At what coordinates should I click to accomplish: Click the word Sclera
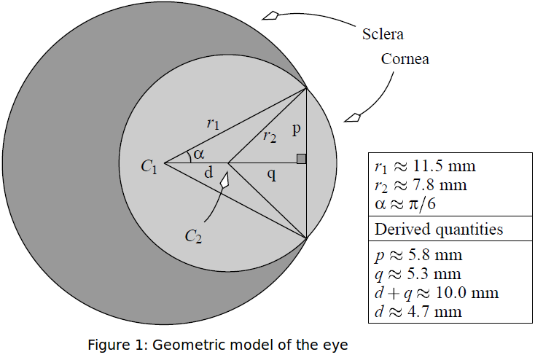coord(383,34)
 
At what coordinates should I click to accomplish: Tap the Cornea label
coord(405,60)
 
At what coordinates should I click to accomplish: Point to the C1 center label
coord(149,167)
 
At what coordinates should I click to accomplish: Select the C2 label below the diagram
coord(193,236)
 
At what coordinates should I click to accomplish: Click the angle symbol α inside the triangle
coord(198,154)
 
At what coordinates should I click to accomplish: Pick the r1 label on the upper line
coord(212,124)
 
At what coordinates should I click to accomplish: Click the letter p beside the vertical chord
coord(295,130)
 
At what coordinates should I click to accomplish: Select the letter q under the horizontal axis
coord(270,176)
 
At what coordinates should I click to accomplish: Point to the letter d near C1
coord(208,173)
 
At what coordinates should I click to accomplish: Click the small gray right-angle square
coord(301,159)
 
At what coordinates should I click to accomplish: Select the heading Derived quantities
coord(439,230)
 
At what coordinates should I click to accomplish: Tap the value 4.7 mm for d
coord(434,313)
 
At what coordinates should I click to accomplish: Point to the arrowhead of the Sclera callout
coord(270,15)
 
